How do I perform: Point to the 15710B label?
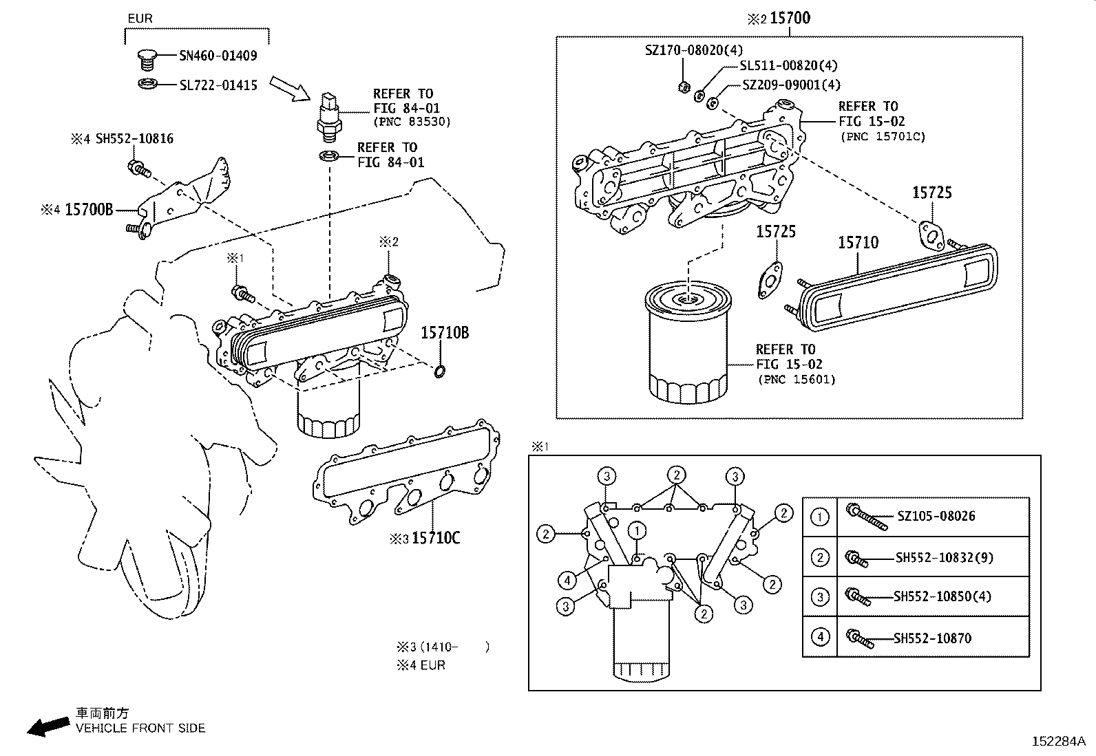[x=445, y=333]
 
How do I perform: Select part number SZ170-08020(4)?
[x=693, y=50]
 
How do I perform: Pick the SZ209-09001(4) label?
[x=791, y=85]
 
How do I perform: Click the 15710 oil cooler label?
[x=858, y=242]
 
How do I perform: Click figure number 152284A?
[x=1057, y=741]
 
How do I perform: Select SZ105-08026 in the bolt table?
[x=936, y=516]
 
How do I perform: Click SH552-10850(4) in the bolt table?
[x=942, y=596]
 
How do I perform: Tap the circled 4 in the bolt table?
[x=819, y=637]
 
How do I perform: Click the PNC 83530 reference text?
[x=411, y=122]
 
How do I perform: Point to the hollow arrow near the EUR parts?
[x=289, y=88]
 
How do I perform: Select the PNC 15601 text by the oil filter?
[x=797, y=379]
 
